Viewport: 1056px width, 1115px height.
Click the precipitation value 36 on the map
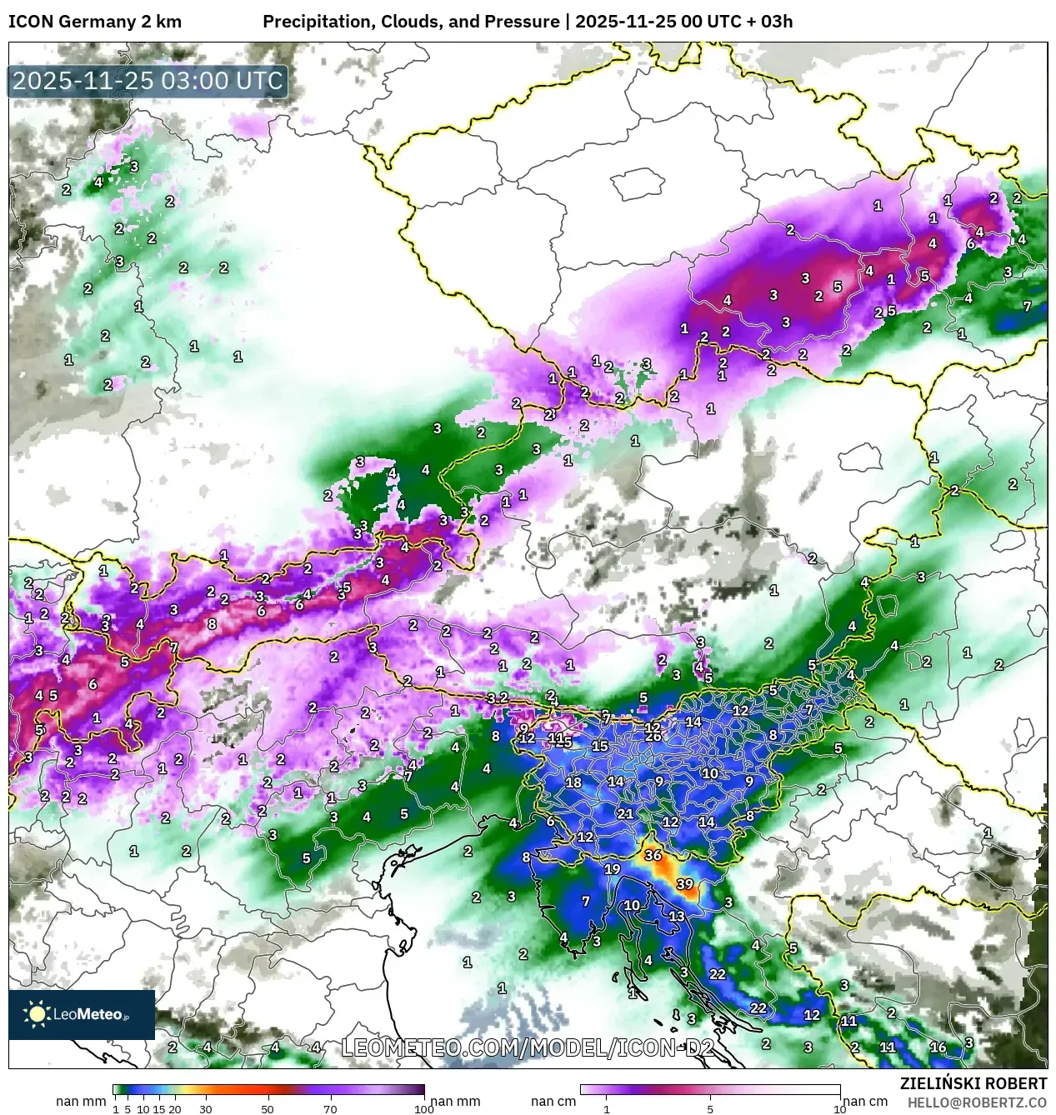[653, 856]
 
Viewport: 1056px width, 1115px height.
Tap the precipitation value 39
[684, 884]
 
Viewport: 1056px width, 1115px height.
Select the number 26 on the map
[653, 736]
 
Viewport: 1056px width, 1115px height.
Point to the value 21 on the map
[625, 814]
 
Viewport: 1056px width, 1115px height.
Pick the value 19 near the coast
[612, 869]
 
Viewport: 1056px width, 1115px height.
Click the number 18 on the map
[573, 782]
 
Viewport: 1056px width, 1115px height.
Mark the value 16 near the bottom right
[938, 1047]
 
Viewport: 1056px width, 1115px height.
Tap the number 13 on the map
[676, 917]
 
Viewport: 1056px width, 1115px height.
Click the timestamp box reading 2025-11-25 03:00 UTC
[148, 82]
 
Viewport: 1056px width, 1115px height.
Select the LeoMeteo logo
[81, 1014]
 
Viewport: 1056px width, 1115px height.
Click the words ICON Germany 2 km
[94, 22]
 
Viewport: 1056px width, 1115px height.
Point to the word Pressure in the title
[527, 22]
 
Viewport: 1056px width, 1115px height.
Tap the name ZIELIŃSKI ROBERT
[973, 1083]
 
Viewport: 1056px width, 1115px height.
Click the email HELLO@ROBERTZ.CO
[978, 1102]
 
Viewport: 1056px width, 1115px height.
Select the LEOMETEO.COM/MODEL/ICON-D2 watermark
[528, 1047]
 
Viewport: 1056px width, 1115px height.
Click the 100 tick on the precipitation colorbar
[424, 1108]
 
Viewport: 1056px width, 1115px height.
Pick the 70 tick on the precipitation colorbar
[330, 1108]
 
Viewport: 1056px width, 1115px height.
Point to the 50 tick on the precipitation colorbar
[268, 1108]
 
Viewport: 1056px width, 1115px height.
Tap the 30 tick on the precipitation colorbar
[205, 1108]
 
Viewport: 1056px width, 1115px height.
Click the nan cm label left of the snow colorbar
[553, 1102]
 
